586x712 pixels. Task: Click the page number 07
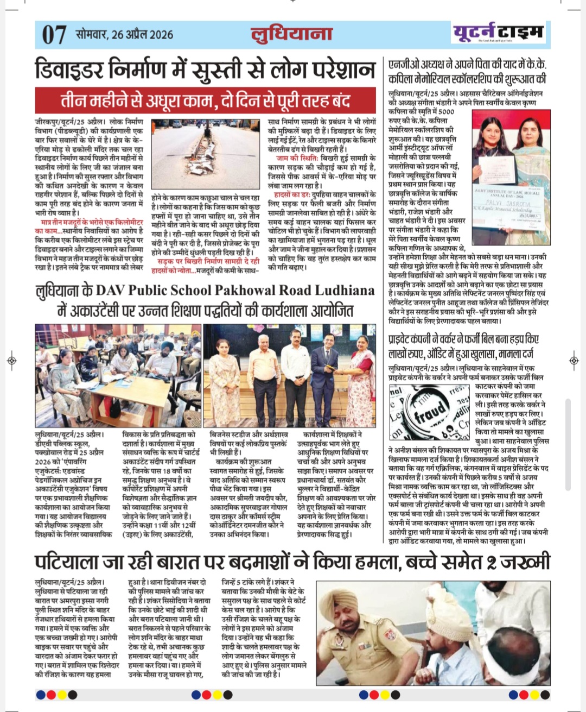[54, 35]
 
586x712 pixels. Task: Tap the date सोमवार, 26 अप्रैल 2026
[125, 35]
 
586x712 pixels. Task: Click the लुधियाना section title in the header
[291, 34]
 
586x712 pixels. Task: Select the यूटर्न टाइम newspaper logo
[498, 33]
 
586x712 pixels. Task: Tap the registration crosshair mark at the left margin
[12, 360]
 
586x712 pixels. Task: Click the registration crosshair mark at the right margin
[574, 360]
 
